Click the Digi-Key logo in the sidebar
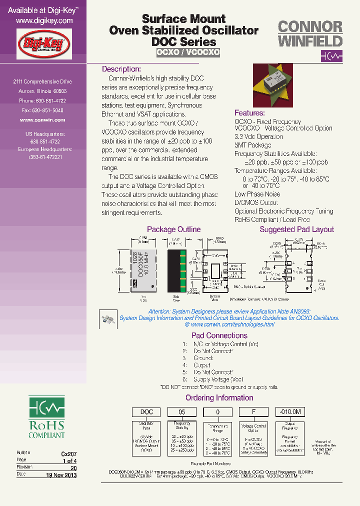pyautogui.click(x=44, y=43)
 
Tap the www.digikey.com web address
pyautogui.click(x=44, y=21)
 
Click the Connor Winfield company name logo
pyautogui.click(x=310, y=33)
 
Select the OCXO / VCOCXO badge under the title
pyautogui.click(x=188, y=52)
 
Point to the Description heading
pyautogui.click(x=121, y=69)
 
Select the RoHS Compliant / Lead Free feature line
pyautogui.click(x=272, y=219)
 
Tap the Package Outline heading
pyautogui.click(x=173, y=229)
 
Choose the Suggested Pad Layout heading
pyautogui.click(x=296, y=229)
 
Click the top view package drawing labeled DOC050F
pyautogui.click(x=142, y=270)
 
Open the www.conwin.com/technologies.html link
pyautogui.click(x=233, y=324)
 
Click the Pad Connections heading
pyautogui.click(x=219, y=335)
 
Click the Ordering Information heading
pyautogui.click(x=219, y=398)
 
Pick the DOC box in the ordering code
pyautogui.click(x=146, y=412)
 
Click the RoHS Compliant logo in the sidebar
pyautogui.click(x=46, y=417)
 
